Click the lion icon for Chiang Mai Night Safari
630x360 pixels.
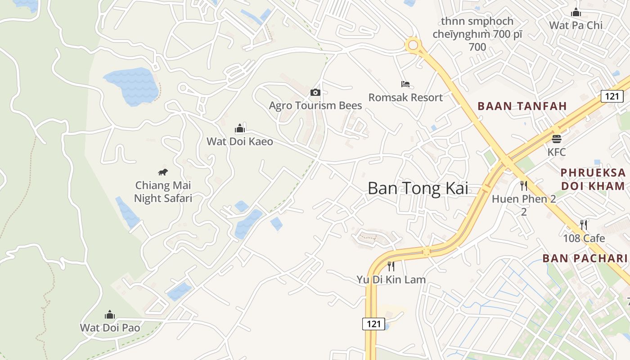tap(163, 172)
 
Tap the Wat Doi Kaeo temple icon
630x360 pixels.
tap(239, 129)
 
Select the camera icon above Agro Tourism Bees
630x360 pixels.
tap(315, 93)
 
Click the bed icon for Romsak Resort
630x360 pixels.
tap(405, 84)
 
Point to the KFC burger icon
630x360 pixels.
tap(557, 139)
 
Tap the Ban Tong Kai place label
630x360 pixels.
tap(418, 188)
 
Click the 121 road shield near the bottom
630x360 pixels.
tap(373, 324)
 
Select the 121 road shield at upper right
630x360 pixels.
tap(612, 96)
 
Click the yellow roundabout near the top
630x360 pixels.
tap(413, 45)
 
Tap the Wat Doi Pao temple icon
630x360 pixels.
tap(110, 315)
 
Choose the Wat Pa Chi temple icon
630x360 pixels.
tap(576, 13)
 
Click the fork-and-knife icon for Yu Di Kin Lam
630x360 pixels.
tap(391, 266)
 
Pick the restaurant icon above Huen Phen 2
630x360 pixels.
tap(524, 185)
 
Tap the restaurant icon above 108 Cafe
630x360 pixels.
tap(584, 225)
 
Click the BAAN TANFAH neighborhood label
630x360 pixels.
tap(522, 106)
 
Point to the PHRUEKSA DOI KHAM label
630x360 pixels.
tap(593, 179)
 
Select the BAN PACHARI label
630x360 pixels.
tap(585, 258)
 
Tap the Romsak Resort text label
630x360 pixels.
tap(405, 97)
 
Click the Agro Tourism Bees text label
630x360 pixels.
tap(315, 106)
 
